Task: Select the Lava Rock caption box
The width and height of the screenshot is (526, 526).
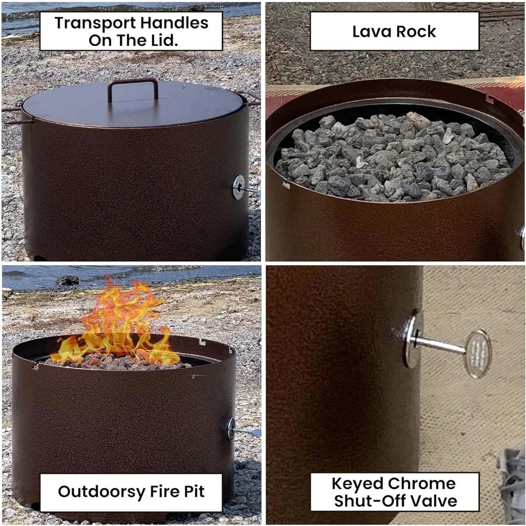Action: point(394,31)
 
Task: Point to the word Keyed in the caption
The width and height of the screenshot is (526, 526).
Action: point(358,483)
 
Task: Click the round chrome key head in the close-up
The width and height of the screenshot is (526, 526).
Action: point(477,353)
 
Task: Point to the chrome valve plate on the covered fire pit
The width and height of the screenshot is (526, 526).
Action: point(239,187)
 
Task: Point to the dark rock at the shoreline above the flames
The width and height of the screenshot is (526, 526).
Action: point(67,281)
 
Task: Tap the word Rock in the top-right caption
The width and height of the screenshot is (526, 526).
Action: point(416,31)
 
